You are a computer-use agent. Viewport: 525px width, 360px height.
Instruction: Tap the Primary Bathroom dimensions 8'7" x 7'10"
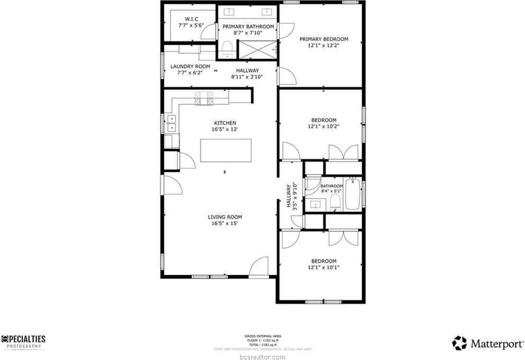pyautogui.click(x=248, y=33)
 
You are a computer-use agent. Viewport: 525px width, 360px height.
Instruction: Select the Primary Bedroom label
pyautogui.click(x=324, y=39)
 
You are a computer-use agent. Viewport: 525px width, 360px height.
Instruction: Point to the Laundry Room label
pyautogui.click(x=190, y=67)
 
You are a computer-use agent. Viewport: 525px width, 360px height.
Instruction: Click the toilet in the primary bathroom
pyautogui.click(x=228, y=50)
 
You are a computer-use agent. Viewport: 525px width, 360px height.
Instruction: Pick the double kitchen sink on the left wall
pyautogui.click(x=172, y=123)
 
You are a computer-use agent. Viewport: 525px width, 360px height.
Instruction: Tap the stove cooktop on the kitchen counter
pyautogui.click(x=204, y=98)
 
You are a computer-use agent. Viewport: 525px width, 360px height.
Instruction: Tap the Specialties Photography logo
pyautogui.click(x=24, y=342)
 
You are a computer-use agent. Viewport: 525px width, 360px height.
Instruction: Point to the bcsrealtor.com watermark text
pyautogui.click(x=262, y=357)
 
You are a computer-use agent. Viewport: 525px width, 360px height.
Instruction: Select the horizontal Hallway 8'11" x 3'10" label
pyautogui.click(x=247, y=73)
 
